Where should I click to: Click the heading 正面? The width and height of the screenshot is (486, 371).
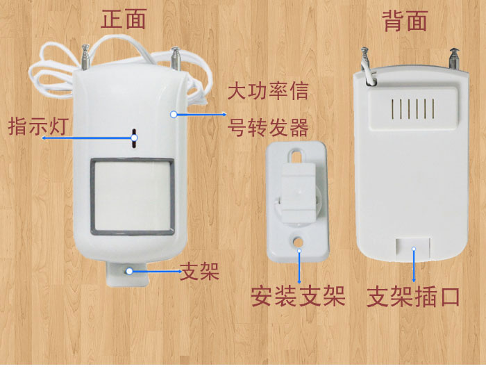click(x=124, y=19)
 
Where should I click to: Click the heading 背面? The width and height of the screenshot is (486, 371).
click(x=405, y=21)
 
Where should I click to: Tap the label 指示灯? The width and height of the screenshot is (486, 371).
click(x=38, y=126)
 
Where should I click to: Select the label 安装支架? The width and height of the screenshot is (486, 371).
click(x=298, y=296)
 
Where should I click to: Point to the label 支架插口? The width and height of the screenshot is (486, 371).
click(x=413, y=297)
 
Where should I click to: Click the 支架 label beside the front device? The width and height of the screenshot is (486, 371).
click(x=200, y=271)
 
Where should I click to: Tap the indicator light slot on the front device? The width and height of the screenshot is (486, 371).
click(x=134, y=138)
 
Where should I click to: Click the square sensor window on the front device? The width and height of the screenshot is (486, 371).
click(x=133, y=196)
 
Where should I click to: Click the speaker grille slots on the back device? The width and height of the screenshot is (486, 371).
click(x=413, y=108)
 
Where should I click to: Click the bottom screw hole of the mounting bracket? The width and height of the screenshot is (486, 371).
click(x=299, y=240)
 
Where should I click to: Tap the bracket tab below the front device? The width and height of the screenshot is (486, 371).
click(x=127, y=274)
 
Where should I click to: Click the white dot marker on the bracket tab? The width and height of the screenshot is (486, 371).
click(x=130, y=272)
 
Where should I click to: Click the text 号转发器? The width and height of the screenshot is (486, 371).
click(x=268, y=127)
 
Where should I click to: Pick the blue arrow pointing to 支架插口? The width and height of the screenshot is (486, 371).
click(x=414, y=265)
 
